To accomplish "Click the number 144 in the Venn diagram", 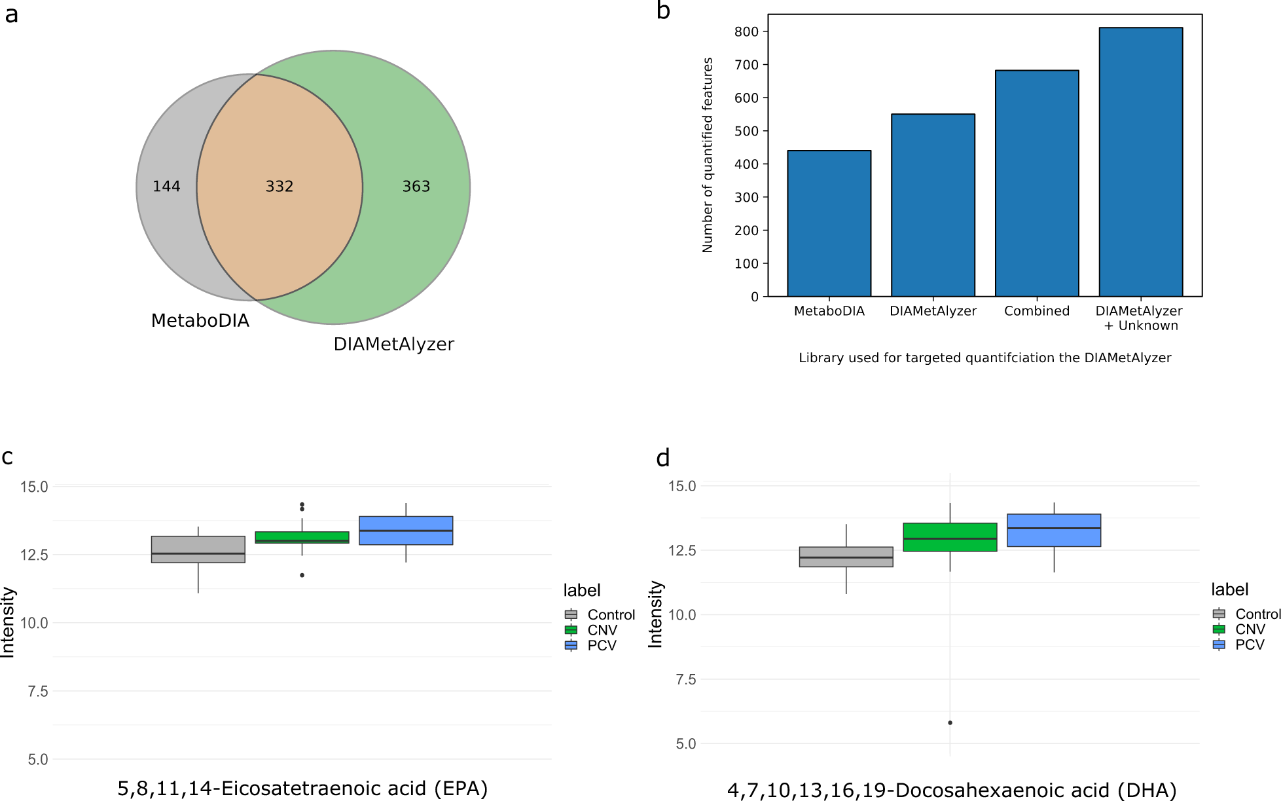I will [166, 187].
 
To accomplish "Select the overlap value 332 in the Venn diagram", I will [280, 187].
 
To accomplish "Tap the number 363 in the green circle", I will [416, 187].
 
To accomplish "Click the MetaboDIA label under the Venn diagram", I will [200, 321].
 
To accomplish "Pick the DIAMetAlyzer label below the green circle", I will [393, 345].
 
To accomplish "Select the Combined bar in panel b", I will [1037, 183].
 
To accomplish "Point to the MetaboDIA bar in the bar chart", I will [829, 223].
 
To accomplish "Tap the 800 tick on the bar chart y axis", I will [746, 31].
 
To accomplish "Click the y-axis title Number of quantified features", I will [708, 155].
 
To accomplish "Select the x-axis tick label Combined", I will [1037, 311].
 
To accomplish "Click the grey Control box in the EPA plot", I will [198, 550].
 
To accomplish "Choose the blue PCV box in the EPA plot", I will [406, 531].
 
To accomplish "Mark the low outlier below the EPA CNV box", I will [302, 575].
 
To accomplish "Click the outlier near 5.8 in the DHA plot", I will [950, 723].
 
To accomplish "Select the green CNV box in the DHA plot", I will [950, 537].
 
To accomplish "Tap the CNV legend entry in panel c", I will [602, 630].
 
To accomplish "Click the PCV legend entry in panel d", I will [1249, 645].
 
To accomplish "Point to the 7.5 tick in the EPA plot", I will [37, 692].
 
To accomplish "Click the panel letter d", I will [662, 458].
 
